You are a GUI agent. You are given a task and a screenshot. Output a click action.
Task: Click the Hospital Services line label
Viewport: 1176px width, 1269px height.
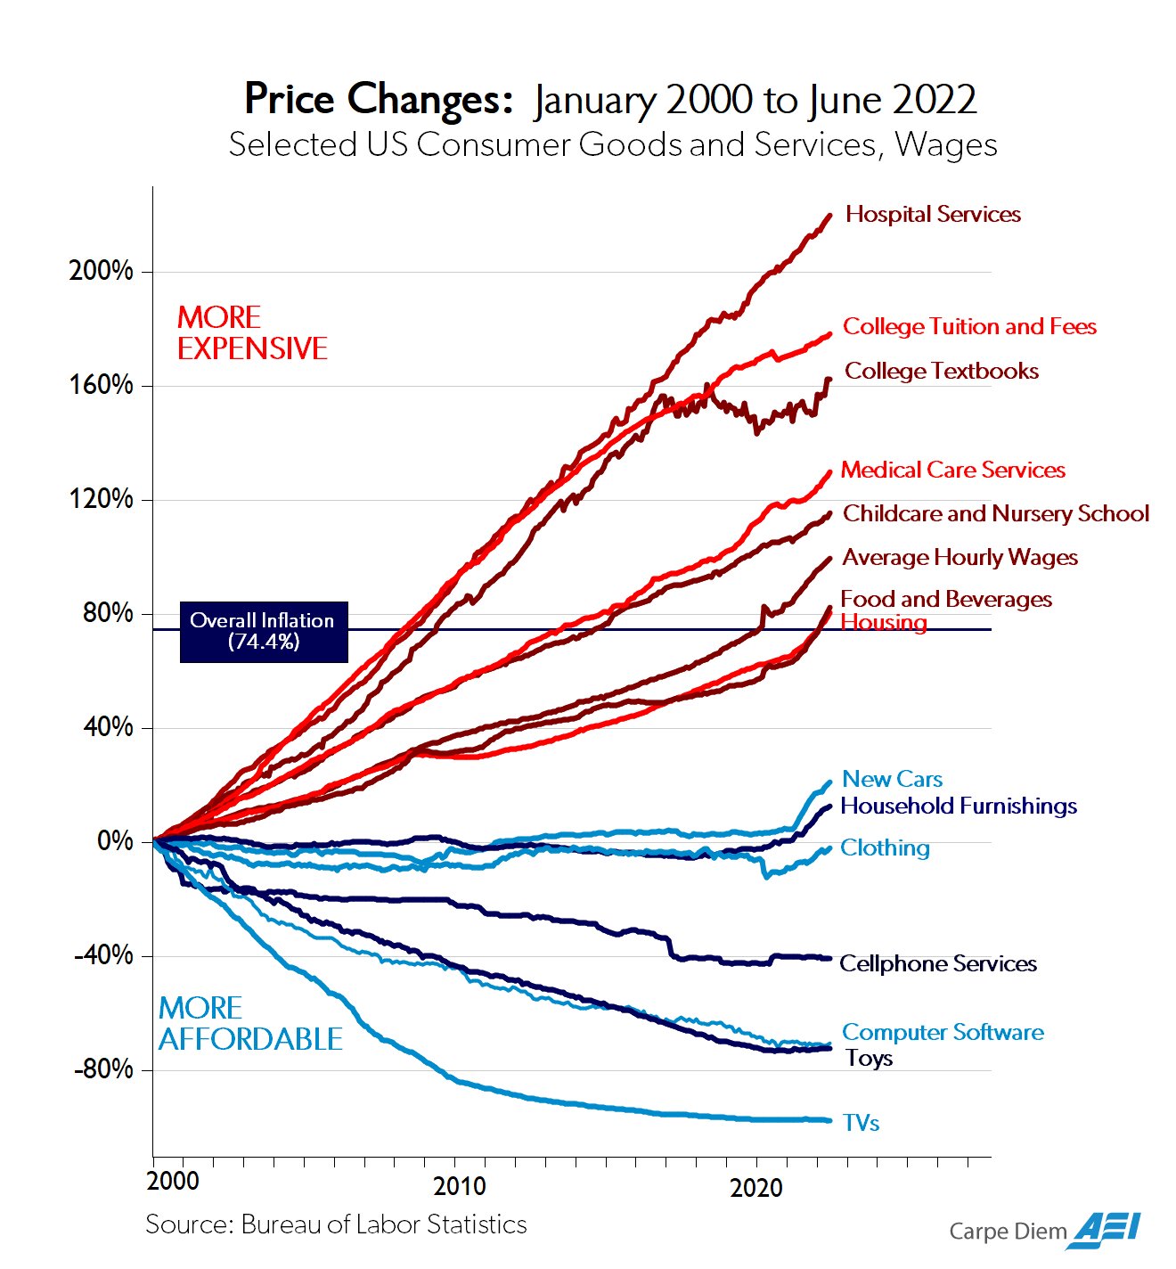coord(933,214)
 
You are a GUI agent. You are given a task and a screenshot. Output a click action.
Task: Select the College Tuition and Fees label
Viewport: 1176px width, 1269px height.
coord(969,326)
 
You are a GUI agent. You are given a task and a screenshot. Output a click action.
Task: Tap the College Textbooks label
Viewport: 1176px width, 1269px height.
coord(941,371)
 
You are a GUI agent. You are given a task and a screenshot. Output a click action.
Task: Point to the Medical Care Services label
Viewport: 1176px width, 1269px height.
coord(952,470)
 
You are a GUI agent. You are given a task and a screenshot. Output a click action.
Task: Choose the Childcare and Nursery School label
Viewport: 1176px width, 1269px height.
coord(995,513)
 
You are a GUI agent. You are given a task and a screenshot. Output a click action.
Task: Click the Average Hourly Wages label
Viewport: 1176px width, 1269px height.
coord(960,557)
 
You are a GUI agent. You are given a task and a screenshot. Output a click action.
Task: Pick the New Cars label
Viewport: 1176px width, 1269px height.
coord(892,779)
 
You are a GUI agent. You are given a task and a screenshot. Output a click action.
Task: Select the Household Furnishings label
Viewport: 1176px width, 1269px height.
coord(959,806)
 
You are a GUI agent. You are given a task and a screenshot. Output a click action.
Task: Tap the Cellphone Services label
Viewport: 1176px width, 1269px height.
coord(938,963)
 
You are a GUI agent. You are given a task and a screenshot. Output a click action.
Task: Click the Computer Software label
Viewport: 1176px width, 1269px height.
coord(943,1032)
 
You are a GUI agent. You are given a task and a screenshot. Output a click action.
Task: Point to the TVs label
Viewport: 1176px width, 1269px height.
coord(861,1123)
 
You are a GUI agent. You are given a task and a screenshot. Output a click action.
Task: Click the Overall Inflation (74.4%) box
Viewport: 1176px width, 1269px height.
coord(263,631)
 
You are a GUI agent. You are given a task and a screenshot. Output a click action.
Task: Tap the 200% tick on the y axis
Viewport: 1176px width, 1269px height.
coord(101,271)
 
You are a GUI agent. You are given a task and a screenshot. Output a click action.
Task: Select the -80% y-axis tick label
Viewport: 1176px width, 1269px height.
coord(102,1068)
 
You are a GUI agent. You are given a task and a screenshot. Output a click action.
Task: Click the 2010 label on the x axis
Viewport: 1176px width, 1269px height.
coord(460,1186)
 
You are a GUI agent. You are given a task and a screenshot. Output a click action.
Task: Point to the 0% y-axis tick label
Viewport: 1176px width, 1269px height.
coord(115,840)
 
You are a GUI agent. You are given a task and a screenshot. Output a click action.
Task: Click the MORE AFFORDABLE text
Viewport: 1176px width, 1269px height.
coord(249,1023)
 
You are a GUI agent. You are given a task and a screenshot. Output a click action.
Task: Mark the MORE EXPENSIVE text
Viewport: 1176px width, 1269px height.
coord(251,332)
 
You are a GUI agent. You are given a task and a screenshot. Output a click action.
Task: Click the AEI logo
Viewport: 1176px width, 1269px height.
coord(1107,1230)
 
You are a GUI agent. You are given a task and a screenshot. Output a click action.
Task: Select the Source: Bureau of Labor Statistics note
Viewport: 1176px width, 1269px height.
coord(336,1224)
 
